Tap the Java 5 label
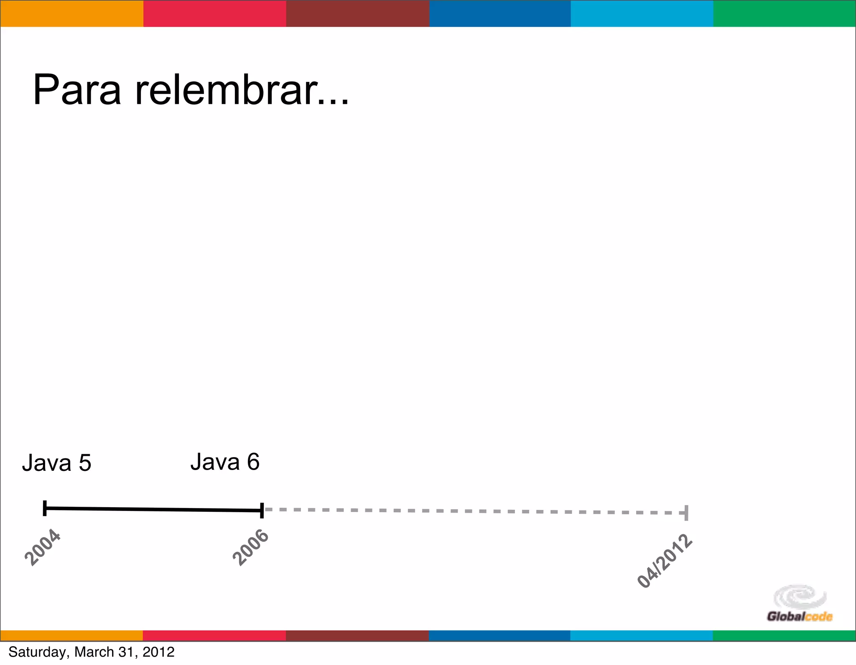pos(56,463)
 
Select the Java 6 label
pos(225,462)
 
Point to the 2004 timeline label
pos(43,547)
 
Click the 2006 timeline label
pos(250,547)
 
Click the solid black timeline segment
pos(153,509)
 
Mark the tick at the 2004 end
pos(45,508)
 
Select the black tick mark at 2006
pos(262,510)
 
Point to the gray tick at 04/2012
pos(686,513)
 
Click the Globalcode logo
pos(800,604)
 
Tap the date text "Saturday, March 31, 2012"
pos(92,652)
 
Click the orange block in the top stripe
pos(71,14)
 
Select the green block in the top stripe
pos(785,14)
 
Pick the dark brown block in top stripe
pos(358,14)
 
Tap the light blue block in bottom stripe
pos(642,635)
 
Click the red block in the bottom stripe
pos(214,635)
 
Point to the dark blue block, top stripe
pos(500,14)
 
